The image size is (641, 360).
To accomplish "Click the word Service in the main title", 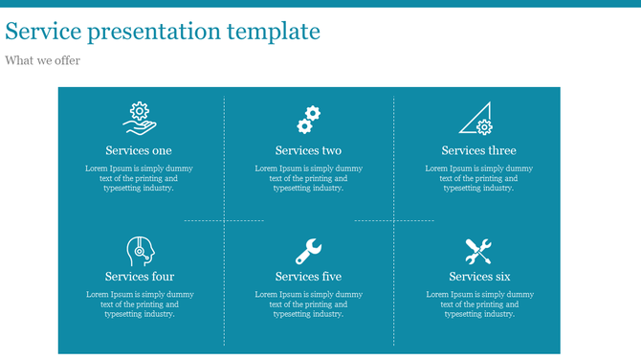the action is (x=43, y=32).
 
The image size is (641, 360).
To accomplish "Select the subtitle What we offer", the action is (x=42, y=60).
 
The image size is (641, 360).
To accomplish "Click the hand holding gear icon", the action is (x=139, y=117).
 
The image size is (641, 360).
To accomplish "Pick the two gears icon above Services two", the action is (x=308, y=119).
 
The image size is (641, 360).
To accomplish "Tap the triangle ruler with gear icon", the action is (x=477, y=118).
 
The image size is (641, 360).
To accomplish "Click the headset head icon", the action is (x=140, y=251).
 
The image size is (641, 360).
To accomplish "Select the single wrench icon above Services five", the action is (x=308, y=251).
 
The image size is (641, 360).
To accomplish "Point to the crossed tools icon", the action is (x=478, y=251).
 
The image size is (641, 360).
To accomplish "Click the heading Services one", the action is (x=139, y=150).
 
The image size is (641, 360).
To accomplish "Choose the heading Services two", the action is (x=308, y=150).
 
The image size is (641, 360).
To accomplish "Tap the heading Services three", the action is (x=478, y=150).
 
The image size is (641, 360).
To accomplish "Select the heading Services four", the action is (x=140, y=277).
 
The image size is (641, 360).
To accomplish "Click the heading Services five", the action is (x=308, y=277).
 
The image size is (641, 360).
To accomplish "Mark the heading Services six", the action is (x=479, y=277).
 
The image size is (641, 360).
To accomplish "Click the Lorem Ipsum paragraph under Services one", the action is (x=139, y=178).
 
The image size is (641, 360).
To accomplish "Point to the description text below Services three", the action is (x=478, y=178).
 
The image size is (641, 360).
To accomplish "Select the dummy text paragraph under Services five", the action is (x=308, y=304).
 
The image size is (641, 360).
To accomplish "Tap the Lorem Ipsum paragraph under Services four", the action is (x=140, y=304).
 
